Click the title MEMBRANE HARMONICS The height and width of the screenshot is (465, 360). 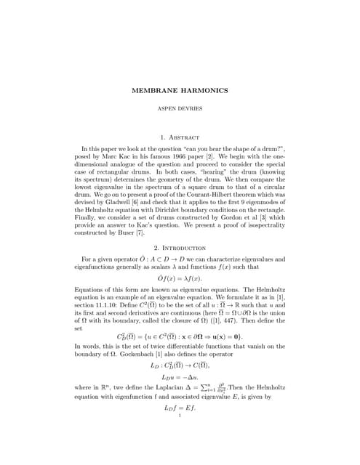pos(180,90)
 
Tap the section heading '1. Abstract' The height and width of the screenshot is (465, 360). pos(180,136)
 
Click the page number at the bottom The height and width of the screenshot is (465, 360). pos(180,416)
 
